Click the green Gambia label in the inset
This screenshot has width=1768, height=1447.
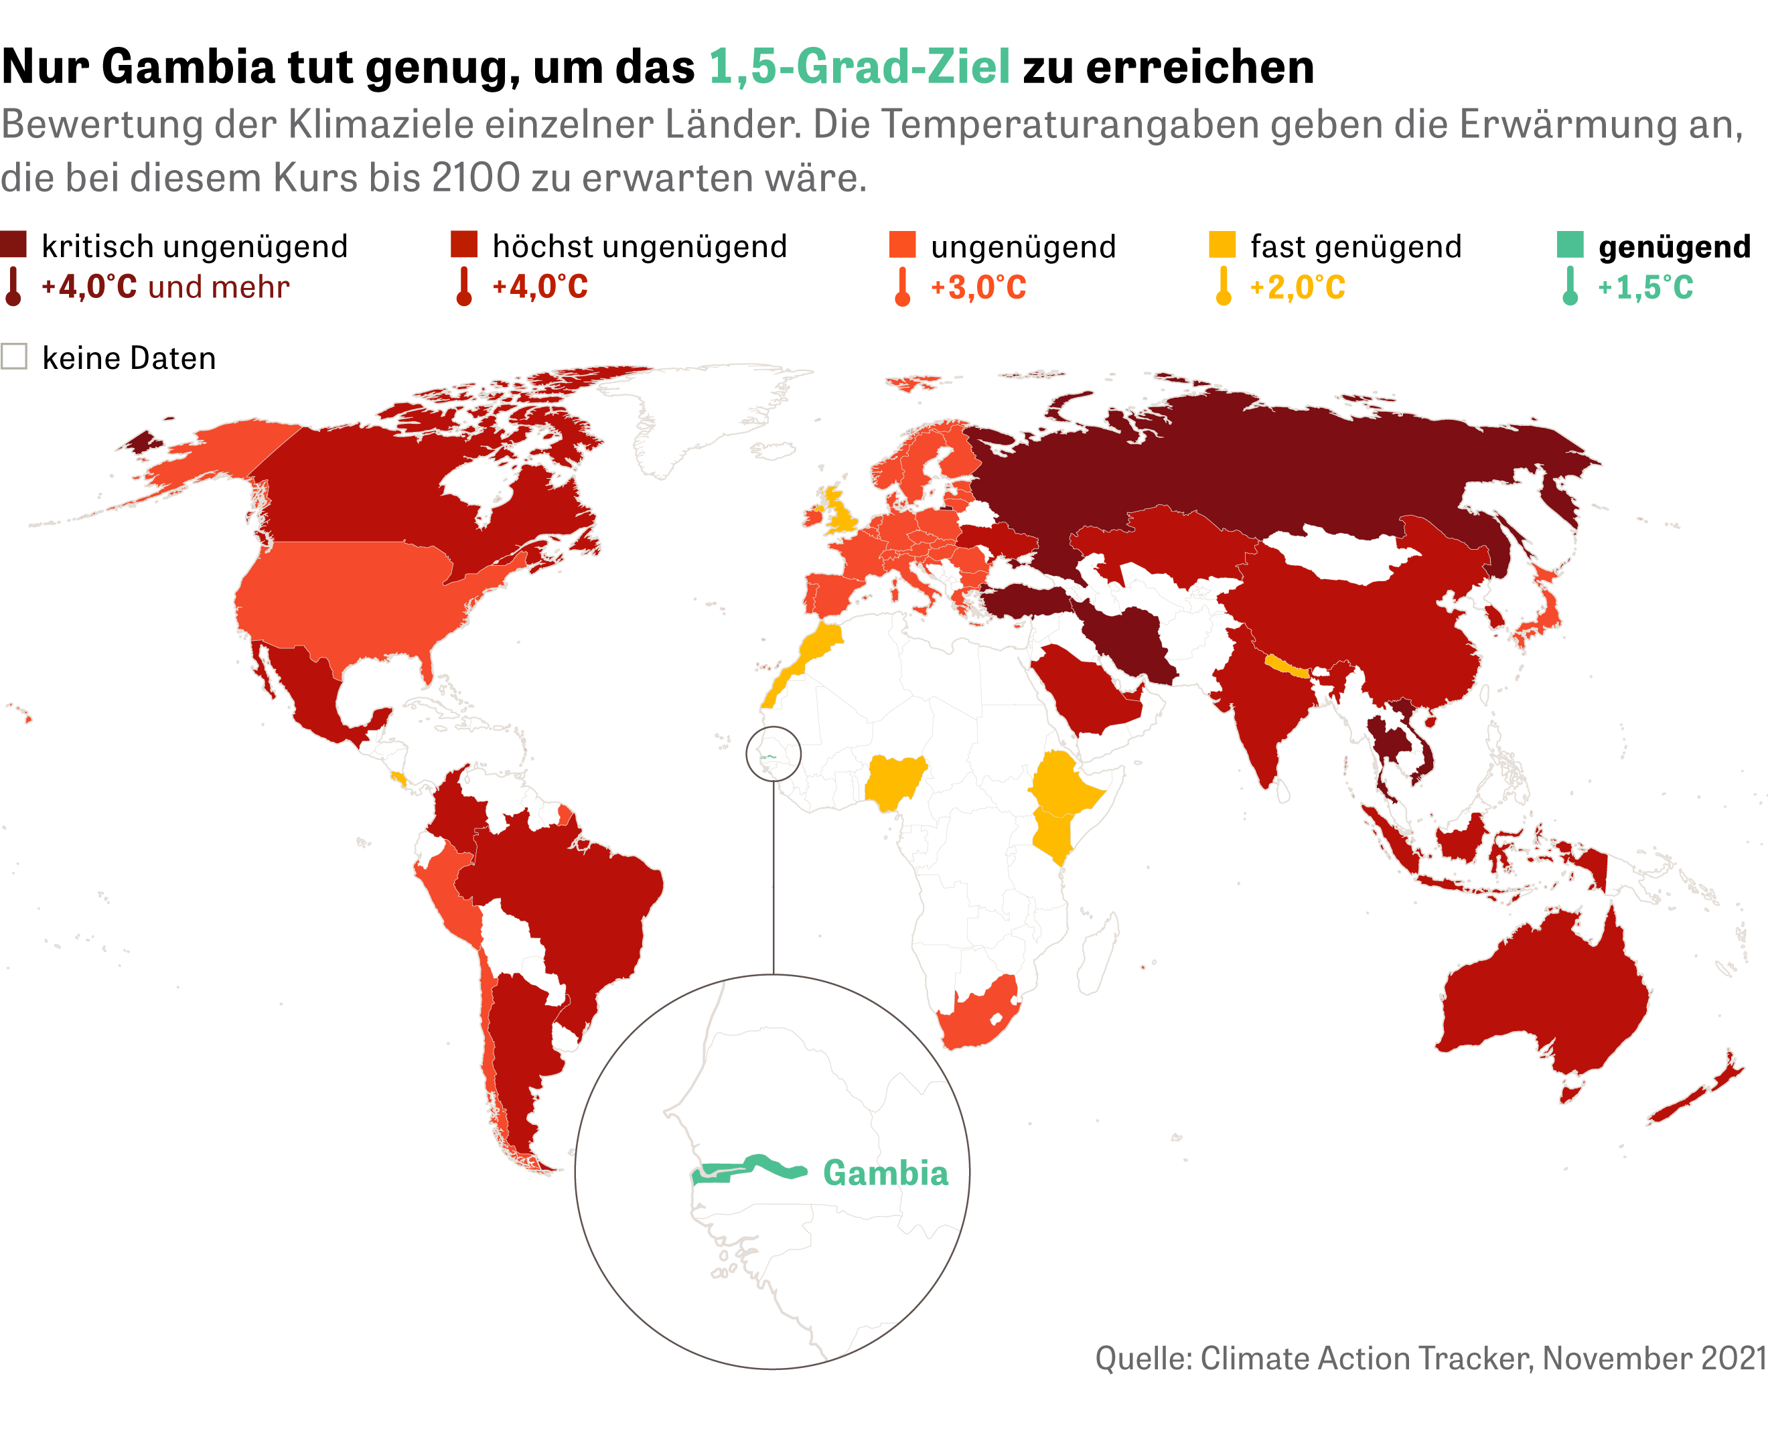(885, 1174)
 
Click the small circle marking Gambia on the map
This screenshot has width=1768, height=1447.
(773, 753)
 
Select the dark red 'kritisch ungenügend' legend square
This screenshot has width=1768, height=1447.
(13, 245)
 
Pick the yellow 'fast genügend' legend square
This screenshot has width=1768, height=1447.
(1222, 245)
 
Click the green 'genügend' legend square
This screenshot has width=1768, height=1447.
(1570, 245)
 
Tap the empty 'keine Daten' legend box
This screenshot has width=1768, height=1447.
(14, 357)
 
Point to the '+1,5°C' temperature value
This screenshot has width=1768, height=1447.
(1645, 287)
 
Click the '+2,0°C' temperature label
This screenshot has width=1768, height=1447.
(1297, 287)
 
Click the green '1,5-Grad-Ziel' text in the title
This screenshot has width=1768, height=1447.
(859, 67)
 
